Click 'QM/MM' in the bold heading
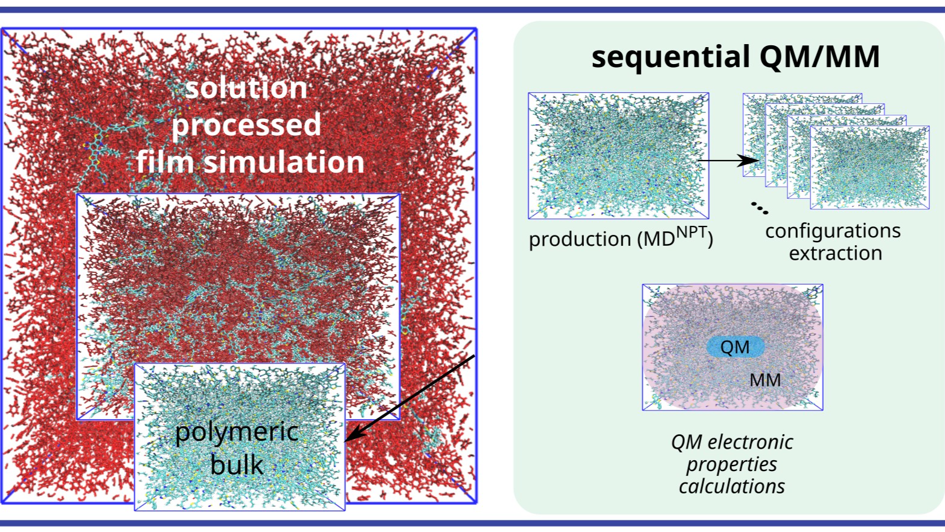[819, 57]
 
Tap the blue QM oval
[735, 347]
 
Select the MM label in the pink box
[765, 380]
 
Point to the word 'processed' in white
[246, 125]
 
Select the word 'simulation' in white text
[284, 162]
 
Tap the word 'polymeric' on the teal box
[237, 432]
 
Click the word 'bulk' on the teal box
[237, 464]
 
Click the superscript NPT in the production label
[691, 232]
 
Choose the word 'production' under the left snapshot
[580, 239]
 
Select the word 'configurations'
[833, 231]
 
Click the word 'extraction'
[835, 253]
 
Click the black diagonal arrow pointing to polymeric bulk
[409, 399]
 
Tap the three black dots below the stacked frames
[760, 208]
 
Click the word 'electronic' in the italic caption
[750, 442]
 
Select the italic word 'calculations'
[732, 487]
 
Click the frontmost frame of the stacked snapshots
[870, 167]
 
